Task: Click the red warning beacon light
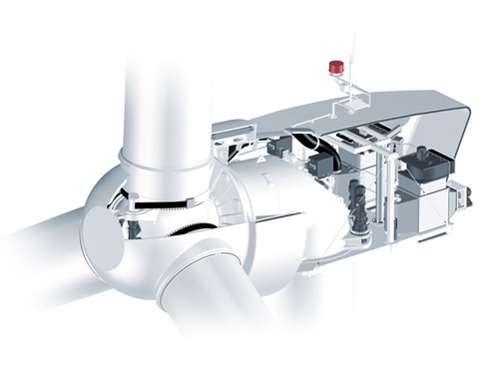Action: point(336,67)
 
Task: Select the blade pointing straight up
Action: point(166,80)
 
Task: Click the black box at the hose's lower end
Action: point(325,165)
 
